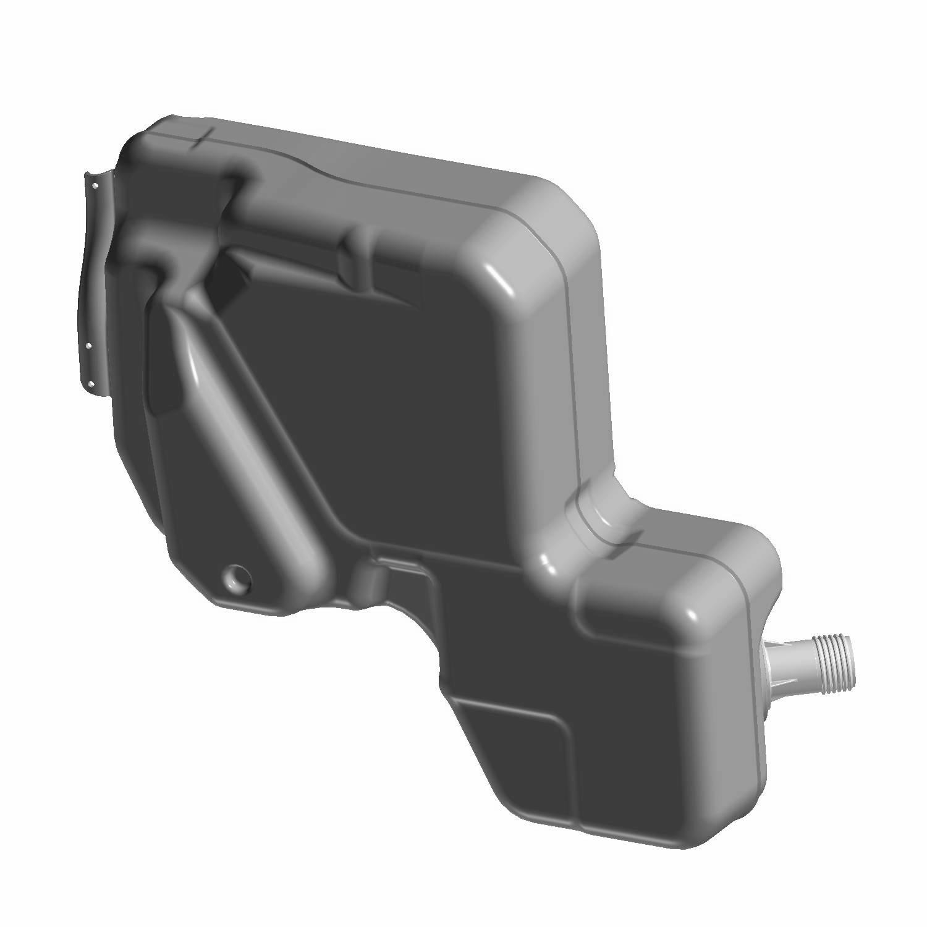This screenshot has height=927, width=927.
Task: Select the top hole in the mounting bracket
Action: click(96, 184)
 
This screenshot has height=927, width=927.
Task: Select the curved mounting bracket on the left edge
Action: click(93, 278)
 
